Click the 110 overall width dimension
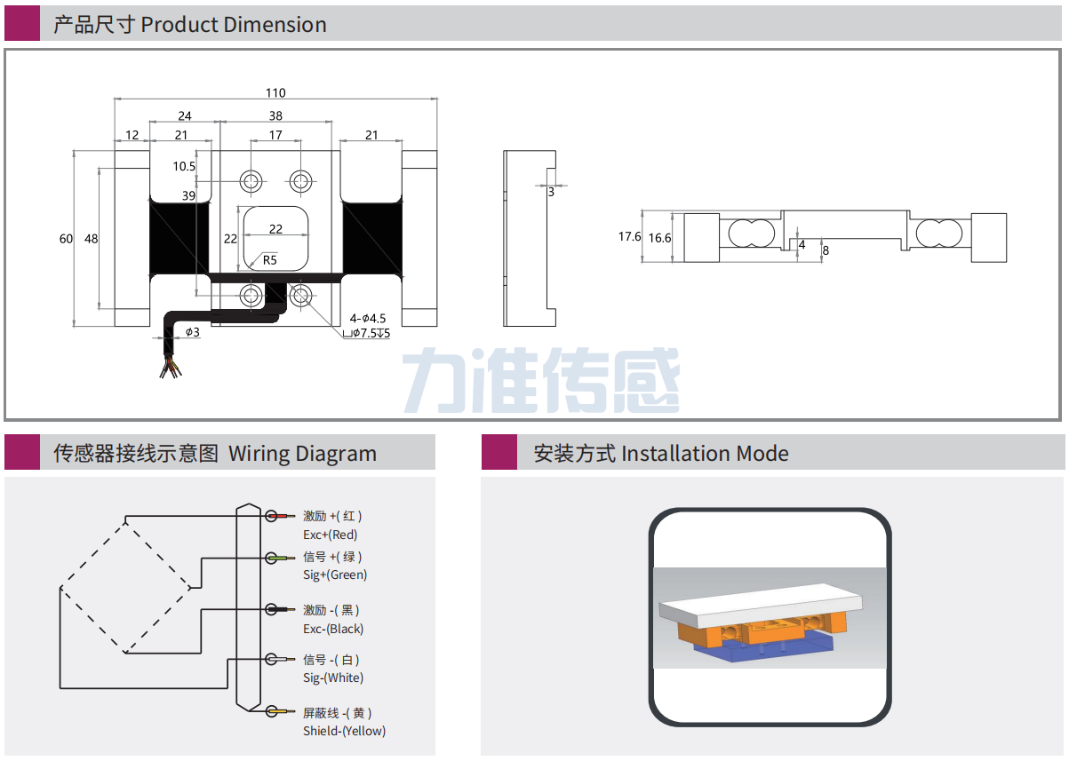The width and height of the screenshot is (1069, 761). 275,93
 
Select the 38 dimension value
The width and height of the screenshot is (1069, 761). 275,116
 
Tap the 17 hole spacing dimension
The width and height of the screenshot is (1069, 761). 275,136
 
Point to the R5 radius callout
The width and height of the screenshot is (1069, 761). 269,260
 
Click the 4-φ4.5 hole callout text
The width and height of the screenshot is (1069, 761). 367,318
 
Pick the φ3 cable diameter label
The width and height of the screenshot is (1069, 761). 192,332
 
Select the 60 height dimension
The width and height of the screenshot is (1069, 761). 66,239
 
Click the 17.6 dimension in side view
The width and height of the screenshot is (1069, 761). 629,237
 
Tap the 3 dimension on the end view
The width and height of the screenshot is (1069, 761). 551,192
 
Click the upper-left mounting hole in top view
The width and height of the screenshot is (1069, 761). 251,181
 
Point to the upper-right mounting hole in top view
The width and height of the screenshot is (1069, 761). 300,181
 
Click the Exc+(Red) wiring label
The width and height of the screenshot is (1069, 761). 330,535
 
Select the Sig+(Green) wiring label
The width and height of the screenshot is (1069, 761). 334,575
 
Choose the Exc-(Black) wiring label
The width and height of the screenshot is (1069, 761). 332,629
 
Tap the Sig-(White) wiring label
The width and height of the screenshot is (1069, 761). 332,678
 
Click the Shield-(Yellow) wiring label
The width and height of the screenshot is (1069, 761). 344,731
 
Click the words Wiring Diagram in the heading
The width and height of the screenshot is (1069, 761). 302,454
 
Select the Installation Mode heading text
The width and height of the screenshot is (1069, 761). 705,454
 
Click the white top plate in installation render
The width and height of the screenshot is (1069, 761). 760,604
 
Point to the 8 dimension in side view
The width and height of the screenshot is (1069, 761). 826,250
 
